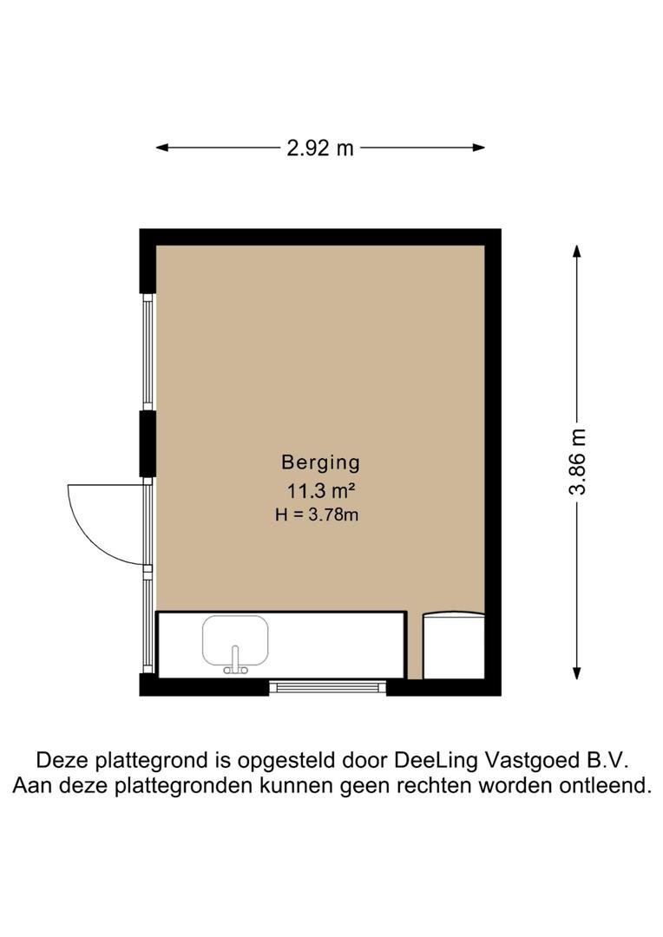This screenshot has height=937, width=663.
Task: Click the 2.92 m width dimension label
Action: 320,147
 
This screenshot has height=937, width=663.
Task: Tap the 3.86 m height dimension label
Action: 578,462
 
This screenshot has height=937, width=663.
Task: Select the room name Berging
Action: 320,462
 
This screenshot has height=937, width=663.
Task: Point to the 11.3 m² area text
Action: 322,491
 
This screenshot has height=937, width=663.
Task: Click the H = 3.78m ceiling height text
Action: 317,514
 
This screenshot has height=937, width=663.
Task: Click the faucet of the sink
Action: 235,660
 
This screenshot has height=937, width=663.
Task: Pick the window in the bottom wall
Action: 328,687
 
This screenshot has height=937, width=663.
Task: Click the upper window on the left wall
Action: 148,352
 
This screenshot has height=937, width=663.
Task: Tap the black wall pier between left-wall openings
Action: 148,443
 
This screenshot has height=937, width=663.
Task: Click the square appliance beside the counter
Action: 454,645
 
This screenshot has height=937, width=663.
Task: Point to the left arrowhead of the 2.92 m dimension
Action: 162,147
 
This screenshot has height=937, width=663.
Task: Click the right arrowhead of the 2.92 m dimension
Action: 478,147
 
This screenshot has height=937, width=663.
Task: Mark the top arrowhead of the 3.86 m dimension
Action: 577,251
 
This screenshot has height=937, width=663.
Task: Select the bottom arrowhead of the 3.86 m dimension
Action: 577,673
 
